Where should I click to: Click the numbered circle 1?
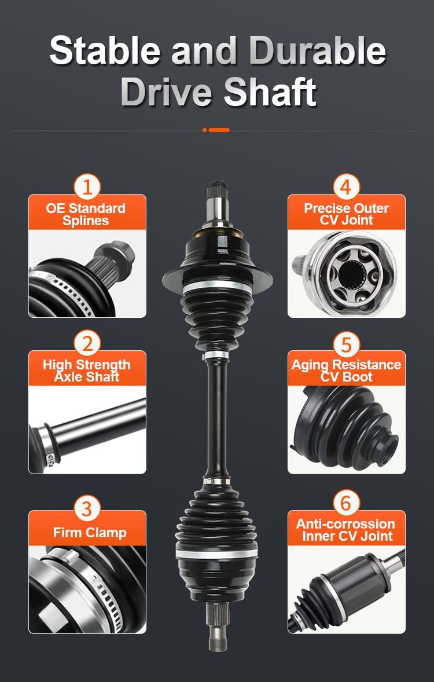[87, 188]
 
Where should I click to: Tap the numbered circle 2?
[87, 344]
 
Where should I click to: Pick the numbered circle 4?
[346, 188]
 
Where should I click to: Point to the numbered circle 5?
[346, 345]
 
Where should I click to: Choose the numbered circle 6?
[346, 503]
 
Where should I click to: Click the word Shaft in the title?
[270, 92]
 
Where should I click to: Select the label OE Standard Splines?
[86, 214]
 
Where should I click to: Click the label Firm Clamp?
[90, 533]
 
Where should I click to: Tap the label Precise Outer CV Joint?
[347, 214]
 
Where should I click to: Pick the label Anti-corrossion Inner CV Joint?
[346, 530]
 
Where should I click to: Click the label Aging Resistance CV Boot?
[346, 371]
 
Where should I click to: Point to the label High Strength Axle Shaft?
[87, 371]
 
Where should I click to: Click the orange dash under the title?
[219, 130]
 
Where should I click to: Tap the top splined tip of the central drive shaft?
[216, 190]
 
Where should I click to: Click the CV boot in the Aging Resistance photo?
[344, 428]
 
